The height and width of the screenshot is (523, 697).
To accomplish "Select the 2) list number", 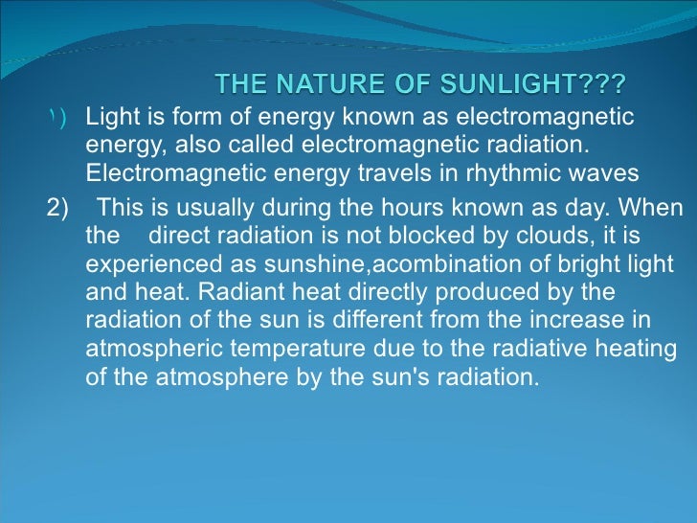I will tap(57, 209).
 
